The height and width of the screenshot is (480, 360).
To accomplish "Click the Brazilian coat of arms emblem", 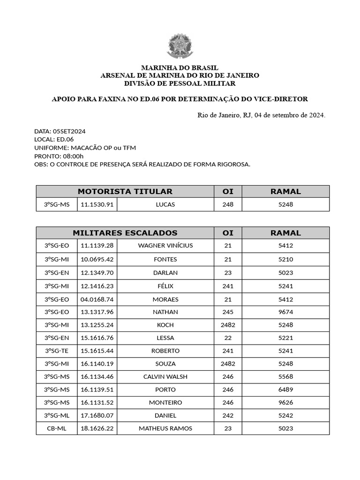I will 180,46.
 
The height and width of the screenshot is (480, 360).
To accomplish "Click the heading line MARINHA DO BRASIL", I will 180,68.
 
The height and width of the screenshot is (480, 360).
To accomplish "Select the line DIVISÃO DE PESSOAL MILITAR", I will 180,83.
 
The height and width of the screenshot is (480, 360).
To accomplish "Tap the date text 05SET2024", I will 69,131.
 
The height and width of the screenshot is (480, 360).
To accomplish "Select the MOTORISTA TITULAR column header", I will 125,191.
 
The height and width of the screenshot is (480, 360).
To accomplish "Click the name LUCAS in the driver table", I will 165,205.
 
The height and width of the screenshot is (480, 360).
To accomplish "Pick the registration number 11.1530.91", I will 97,205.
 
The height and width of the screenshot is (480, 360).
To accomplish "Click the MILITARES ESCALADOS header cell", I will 125,233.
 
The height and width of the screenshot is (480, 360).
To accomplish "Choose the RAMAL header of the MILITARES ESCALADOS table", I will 285,233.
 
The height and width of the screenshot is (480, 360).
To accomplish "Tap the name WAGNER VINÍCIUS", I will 165,246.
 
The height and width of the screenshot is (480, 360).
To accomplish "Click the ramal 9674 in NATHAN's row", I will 285,312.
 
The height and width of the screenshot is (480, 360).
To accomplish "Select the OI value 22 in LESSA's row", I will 228,338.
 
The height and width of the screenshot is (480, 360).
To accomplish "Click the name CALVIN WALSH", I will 165,376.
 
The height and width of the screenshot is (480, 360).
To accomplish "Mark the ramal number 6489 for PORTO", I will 285,390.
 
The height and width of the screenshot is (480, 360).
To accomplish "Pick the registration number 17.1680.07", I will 97,415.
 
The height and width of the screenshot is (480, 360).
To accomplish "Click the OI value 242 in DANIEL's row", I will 228,415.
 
